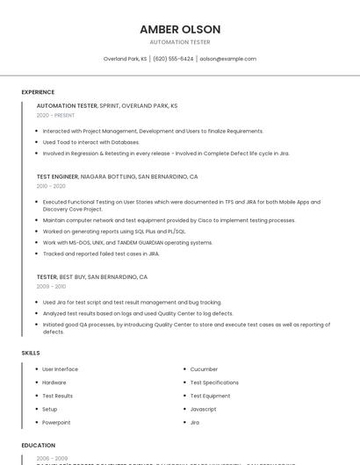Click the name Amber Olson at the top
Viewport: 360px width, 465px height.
pos(180,30)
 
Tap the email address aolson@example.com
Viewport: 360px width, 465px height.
pos(227,59)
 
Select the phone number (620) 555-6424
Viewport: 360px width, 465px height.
pos(173,59)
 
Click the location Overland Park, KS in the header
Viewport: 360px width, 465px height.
pos(125,59)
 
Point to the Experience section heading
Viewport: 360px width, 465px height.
pos(38,92)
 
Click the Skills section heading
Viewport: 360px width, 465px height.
pos(31,353)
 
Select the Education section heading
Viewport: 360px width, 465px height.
pos(38,446)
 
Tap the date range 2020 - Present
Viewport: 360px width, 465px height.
pos(55,115)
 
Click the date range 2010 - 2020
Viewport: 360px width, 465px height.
pos(51,186)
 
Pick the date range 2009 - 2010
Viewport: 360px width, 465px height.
pos(51,286)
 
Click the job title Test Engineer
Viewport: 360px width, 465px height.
pos(57,176)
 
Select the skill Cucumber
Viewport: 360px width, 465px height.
pos(204,369)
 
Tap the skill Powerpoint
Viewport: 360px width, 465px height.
pos(56,422)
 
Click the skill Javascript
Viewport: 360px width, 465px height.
pos(203,409)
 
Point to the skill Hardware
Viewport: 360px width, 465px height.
pos(54,383)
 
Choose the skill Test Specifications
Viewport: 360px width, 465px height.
pos(214,383)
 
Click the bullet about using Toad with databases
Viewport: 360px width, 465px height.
pos(90,142)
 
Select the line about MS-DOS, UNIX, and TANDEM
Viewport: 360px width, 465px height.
pos(127,242)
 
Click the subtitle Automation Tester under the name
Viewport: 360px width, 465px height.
pos(180,42)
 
